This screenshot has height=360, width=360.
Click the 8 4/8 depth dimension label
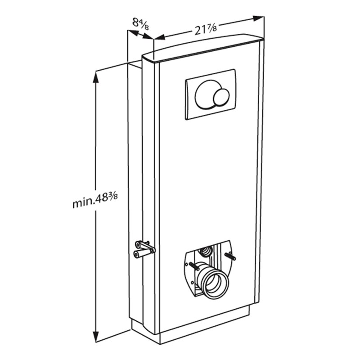click(x=141, y=22)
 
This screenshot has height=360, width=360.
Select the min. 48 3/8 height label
click(x=98, y=201)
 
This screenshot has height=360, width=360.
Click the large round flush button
click(x=207, y=95)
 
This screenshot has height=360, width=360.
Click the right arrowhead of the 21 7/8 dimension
click(x=258, y=19)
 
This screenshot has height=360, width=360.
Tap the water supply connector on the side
click(x=144, y=248)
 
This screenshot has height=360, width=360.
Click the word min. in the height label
click(x=83, y=203)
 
